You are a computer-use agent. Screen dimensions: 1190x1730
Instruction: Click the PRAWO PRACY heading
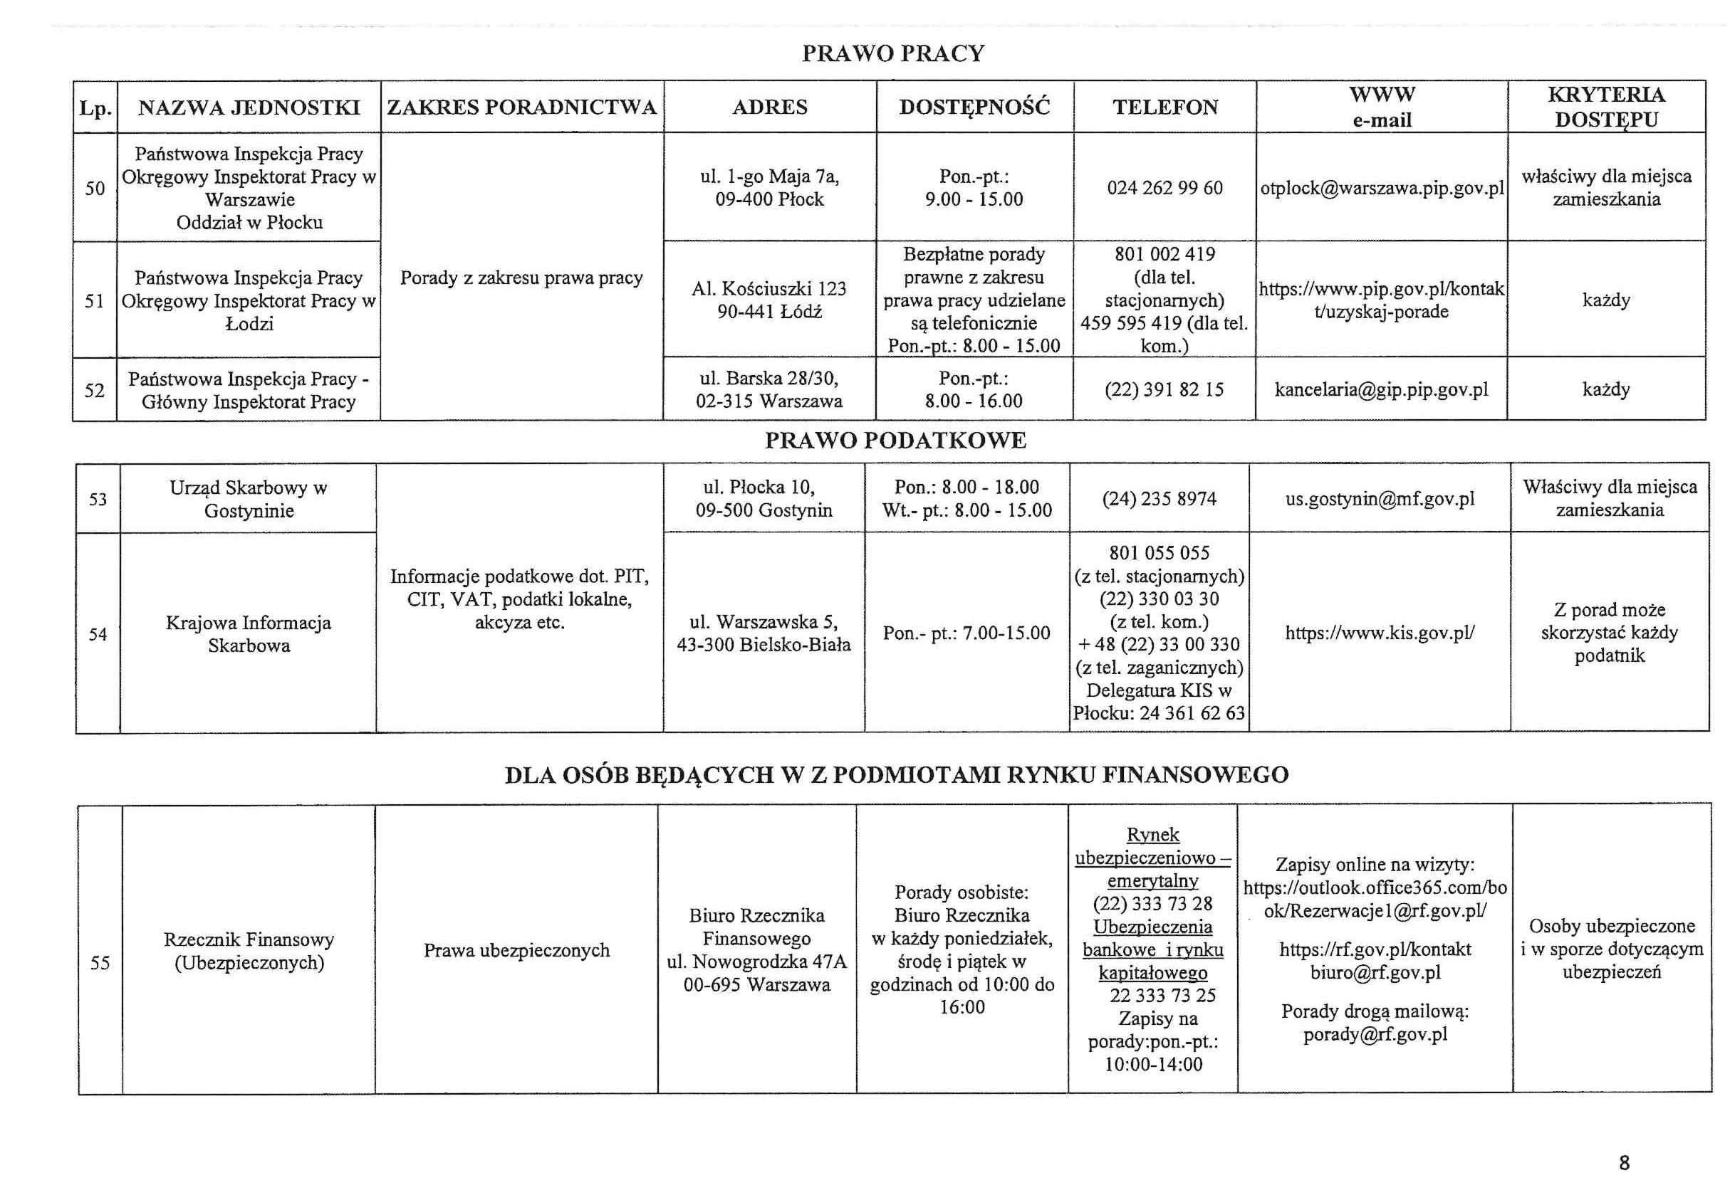tap(893, 53)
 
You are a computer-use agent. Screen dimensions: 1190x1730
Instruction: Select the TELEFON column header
tap(1165, 107)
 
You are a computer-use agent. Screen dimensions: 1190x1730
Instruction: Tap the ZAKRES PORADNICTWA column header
tap(521, 107)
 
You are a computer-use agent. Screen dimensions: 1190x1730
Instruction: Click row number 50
tap(95, 188)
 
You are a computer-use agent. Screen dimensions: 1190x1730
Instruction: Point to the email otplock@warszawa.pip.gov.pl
tap(1382, 188)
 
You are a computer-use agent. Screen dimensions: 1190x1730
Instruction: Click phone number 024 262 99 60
tap(1164, 188)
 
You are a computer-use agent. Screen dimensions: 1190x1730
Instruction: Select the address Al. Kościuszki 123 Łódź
tap(769, 300)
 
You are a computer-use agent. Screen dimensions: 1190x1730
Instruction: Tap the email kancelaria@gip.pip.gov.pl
tap(1381, 390)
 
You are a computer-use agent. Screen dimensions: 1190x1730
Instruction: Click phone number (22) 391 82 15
tap(1164, 390)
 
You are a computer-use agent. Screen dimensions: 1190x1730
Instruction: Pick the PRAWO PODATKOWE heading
tap(895, 441)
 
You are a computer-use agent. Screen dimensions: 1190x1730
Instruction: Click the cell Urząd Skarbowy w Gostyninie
tap(249, 499)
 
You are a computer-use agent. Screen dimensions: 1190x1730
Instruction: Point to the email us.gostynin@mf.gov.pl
tap(1380, 499)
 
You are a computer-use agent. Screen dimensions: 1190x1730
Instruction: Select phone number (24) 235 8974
tap(1159, 499)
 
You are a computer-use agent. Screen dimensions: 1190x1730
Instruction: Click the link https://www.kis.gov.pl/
tap(1380, 633)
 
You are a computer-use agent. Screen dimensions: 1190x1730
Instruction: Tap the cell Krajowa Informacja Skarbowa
tap(249, 633)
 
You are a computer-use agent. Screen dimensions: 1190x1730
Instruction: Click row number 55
tap(100, 962)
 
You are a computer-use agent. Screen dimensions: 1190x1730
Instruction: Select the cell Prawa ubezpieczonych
tap(516, 951)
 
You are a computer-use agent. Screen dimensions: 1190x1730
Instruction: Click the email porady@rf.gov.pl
tap(1375, 1035)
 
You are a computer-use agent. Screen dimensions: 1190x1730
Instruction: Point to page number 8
tap(1624, 1162)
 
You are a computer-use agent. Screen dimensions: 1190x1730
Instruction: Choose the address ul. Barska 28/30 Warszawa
tap(769, 390)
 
